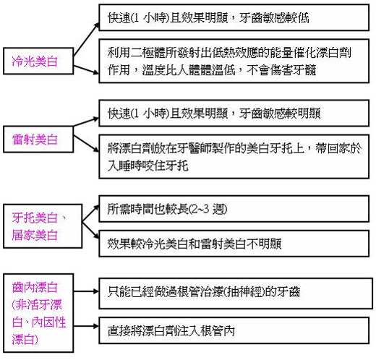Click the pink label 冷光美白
35,61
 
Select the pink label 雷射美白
35,140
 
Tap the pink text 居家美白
35,235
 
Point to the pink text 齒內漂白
35,287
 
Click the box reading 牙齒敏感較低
234,17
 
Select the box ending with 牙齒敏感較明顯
234,113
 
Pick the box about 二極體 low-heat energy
234,61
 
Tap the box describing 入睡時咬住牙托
234,157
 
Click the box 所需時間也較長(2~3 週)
234,209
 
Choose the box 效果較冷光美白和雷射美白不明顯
234,244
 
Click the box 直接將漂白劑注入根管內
234,330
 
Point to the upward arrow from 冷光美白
86,40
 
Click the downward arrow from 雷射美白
86,144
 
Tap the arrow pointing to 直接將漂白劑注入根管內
86,326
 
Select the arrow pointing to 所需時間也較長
90,213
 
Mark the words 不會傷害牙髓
281,70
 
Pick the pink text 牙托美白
35,218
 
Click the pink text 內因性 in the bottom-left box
48,322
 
